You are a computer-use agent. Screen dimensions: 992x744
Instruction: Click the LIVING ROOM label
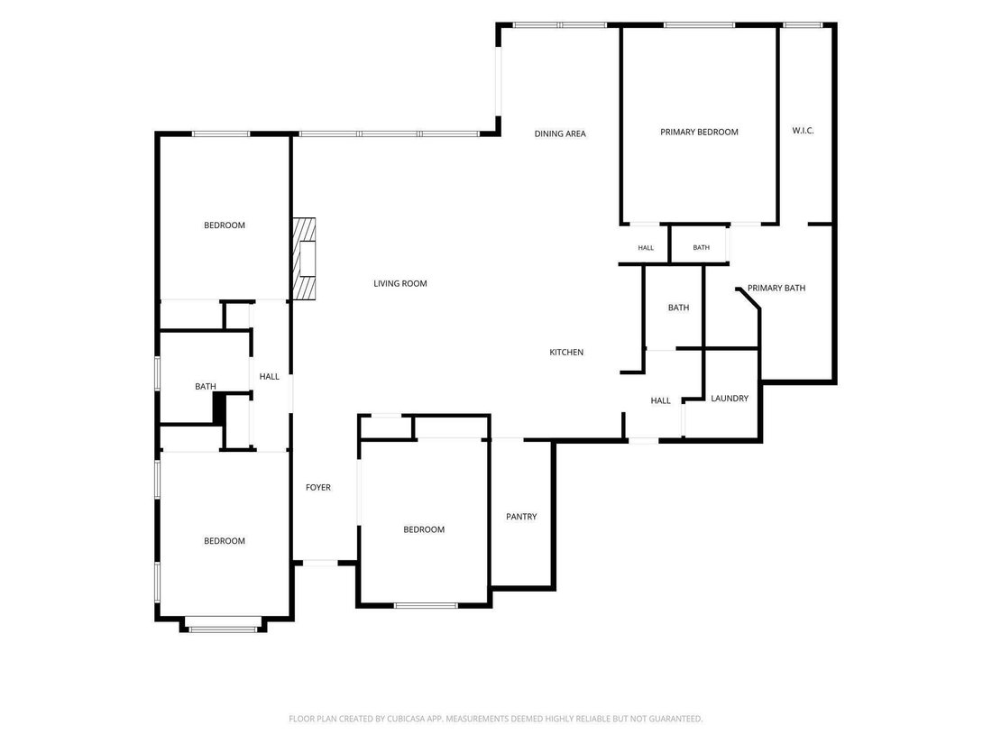[400, 283]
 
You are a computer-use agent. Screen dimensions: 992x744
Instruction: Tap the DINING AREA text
[560, 133]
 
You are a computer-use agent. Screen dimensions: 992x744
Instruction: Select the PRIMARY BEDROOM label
[699, 133]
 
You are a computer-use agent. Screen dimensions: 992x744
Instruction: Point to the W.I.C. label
[803, 131]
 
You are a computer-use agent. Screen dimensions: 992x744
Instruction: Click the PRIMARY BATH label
[776, 288]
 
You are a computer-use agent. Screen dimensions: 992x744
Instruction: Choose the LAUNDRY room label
[730, 398]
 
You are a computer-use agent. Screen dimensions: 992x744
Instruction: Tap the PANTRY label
[521, 516]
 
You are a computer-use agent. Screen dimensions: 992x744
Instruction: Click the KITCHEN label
[566, 352]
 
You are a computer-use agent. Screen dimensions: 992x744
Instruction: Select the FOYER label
[318, 487]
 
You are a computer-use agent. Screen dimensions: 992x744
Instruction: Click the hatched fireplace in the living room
[304, 259]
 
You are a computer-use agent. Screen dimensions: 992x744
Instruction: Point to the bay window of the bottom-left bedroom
[224, 629]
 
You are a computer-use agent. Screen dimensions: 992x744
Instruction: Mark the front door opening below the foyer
[320, 562]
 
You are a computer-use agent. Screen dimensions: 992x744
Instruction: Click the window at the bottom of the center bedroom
[426, 605]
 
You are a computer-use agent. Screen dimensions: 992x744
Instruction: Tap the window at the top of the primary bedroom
[699, 25]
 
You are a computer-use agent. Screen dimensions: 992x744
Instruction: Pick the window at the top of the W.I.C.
[803, 25]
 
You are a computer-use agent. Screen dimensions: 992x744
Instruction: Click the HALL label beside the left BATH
[269, 376]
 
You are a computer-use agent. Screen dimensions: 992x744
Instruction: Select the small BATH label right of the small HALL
[701, 247]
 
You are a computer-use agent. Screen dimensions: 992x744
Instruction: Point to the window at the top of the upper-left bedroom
[221, 134]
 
